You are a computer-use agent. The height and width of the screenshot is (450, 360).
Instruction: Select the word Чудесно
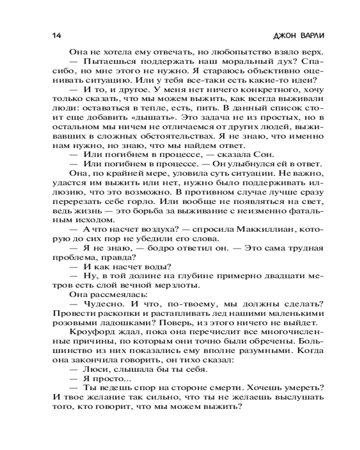pos(103,305)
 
